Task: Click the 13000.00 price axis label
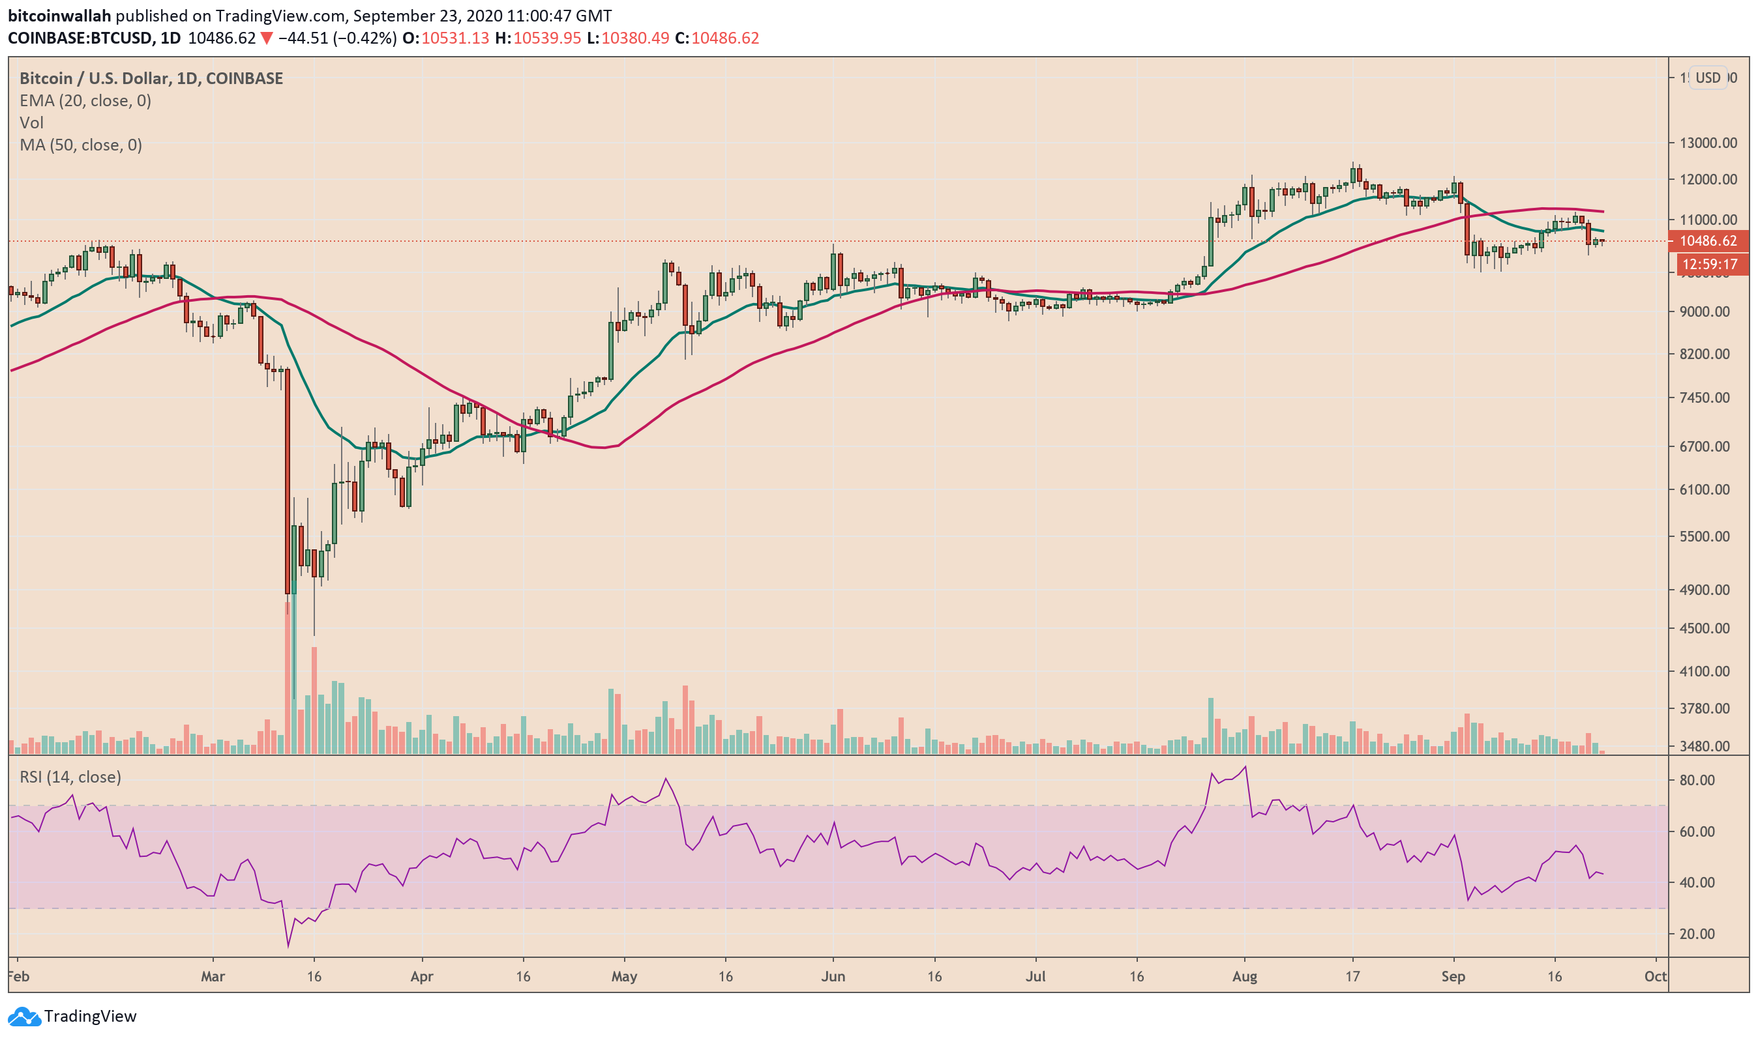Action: pyautogui.click(x=1709, y=143)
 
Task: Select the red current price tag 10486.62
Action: pyautogui.click(x=1708, y=241)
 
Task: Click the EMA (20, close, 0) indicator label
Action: pyautogui.click(x=85, y=101)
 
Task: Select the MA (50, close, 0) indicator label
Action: pyautogui.click(x=81, y=145)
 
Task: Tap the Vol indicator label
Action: pyautogui.click(x=31, y=123)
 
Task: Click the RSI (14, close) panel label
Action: pyautogui.click(x=70, y=777)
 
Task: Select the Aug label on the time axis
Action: pyautogui.click(x=1245, y=977)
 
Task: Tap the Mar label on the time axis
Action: pyautogui.click(x=213, y=977)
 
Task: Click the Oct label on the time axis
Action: pyautogui.click(x=1656, y=977)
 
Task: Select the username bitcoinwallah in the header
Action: pyautogui.click(x=59, y=16)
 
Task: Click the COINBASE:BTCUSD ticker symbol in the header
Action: pyautogui.click(x=80, y=38)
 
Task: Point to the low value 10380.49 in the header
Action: pyautogui.click(x=634, y=38)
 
